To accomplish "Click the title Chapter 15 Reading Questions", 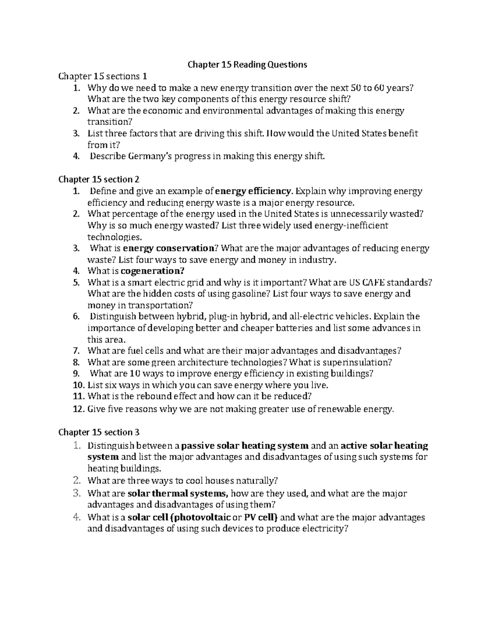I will tap(247, 65).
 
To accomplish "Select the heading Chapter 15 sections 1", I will tap(103, 76).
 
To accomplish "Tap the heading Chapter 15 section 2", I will tap(99, 179).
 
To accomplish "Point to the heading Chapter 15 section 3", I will tap(99, 432).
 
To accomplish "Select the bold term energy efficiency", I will tap(254, 191).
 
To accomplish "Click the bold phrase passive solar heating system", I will tap(245, 446).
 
